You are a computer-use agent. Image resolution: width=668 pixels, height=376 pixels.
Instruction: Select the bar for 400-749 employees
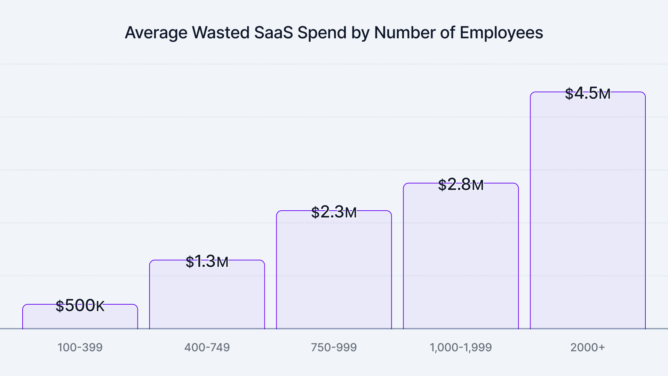207,296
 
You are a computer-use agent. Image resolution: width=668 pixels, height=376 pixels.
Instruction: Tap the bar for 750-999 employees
334,272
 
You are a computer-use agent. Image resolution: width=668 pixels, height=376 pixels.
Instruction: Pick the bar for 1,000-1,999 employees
461,258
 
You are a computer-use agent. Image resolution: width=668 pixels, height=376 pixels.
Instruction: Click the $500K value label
80,306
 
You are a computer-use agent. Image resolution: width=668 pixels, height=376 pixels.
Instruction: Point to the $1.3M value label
207,261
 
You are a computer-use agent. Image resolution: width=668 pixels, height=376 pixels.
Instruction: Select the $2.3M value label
334,212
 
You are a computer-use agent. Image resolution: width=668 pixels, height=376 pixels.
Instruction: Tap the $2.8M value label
461,185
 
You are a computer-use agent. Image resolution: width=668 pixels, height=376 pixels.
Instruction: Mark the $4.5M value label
588,93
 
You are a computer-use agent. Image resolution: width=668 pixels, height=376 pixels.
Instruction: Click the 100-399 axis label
80,347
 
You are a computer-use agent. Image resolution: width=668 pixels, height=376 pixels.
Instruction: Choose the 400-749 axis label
207,347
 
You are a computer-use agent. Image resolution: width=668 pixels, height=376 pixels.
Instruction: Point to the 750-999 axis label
334,347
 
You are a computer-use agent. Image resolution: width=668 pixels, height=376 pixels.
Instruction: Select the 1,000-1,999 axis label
461,347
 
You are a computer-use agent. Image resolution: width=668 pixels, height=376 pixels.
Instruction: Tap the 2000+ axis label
588,347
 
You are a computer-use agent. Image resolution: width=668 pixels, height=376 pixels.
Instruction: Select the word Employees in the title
501,33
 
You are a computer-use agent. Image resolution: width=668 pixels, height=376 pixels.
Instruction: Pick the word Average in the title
156,33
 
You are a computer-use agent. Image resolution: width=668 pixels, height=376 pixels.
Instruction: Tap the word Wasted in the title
221,33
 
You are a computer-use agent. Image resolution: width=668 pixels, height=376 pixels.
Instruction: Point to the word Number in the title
404,33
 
